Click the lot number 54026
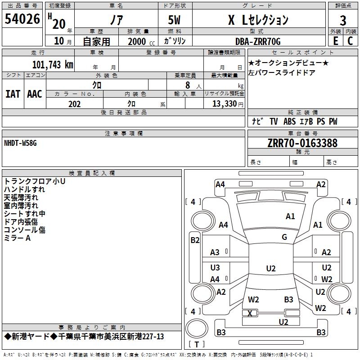click(x=22, y=19)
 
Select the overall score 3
click(x=343, y=21)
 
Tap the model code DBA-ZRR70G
click(x=258, y=41)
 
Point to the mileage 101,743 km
click(x=53, y=65)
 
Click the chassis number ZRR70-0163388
click(x=302, y=143)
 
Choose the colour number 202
click(x=74, y=104)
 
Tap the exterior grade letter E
click(x=336, y=41)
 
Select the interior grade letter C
click(x=350, y=41)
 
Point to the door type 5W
click(x=174, y=20)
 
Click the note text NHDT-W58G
click(x=20, y=143)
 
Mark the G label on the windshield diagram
click(x=284, y=237)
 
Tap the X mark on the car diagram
click(x=250, y=313)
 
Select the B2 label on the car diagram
click(x=195, y=240)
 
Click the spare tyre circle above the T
click(x=197, y=328)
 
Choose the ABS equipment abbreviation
click(x=289, y=121)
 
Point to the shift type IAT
click(x=13, y=94)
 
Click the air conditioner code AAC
click(x=35, y=94)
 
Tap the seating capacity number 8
click(x=188, y=85)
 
